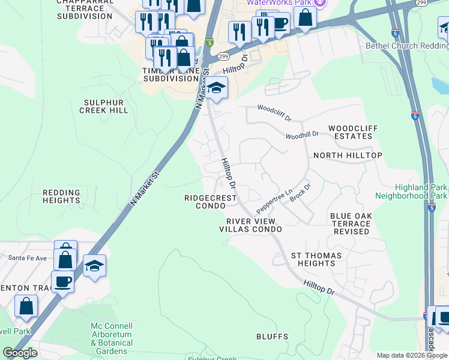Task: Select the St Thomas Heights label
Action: pyautogui.click(x=316, y=260)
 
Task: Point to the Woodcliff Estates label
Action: pyautogui.click(x=351, y=133)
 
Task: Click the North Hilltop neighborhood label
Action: pyautogui.click(x=348, y=155)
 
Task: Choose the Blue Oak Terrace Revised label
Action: pyautogui.click(x=350, y=223)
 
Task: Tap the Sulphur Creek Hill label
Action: pyautogui.click(x=103, y=107)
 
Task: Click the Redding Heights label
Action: pyautogui.click(x=61, y=196)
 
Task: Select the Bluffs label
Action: pyautogui.click(x=272, y=337)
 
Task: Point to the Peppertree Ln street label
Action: pyautogui.click(x=274, y=200)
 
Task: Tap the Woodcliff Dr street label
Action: pyautogui.click(x=274, y=109)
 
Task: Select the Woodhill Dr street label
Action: pyautogui.click(x=302, y=136)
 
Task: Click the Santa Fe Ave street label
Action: pyautogui.click(x=28, y=258)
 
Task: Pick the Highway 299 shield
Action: pyautogui.click(x=223, y=56)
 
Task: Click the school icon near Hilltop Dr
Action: pyautogui.click(x=217, y=89)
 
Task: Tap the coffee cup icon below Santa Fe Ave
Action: pyautogui.click(x=62, y=281)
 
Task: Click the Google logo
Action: pyautogui.click(x=20, y=353)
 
